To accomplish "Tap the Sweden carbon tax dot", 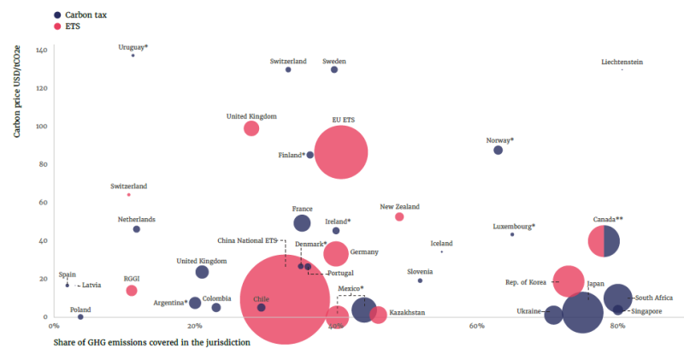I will pos(334,70).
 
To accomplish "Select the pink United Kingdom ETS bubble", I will pos(251,128).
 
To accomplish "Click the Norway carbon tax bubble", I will pos(498,150).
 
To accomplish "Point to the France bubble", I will pos(302,223).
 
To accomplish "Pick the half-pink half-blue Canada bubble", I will pos(604,240).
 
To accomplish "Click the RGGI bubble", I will pos(132,291).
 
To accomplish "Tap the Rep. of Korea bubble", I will pos(569,280).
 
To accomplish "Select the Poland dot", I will pos(80,316).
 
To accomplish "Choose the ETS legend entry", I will pos(76,27).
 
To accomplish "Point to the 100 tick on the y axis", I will pos(41,127).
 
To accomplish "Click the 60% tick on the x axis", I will pos(477,326).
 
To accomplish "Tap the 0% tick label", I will pos(53,326).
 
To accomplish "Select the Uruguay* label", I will pos(133,47).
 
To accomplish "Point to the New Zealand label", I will pos(399,207).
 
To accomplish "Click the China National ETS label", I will pos(248,241).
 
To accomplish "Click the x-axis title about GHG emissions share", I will pos(152,343).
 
